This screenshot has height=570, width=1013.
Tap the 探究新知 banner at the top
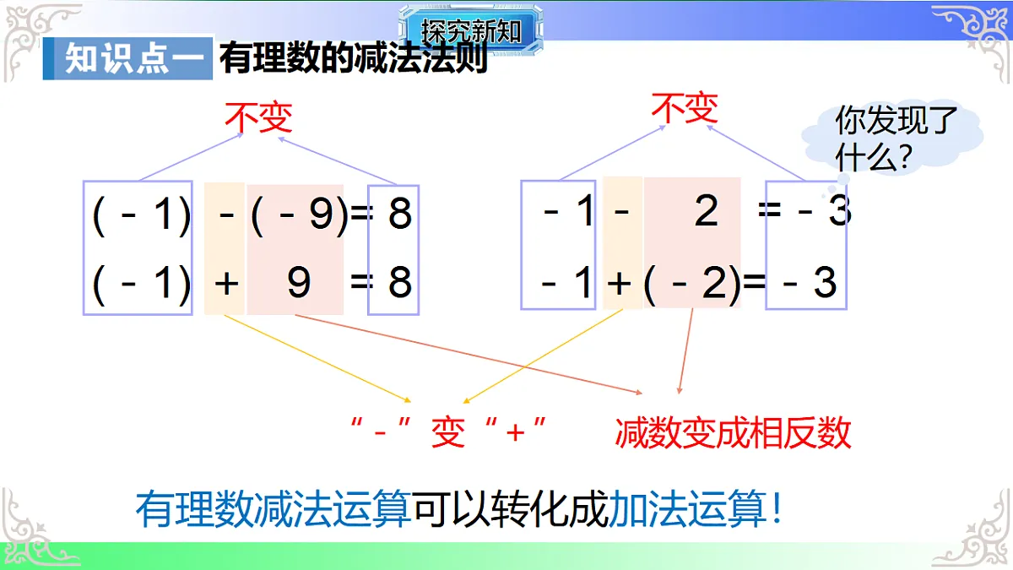(471, 31)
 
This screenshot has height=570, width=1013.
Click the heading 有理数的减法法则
(354, 59)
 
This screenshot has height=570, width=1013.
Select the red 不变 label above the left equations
(258, 117)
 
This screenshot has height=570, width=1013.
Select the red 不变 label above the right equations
(685, 108)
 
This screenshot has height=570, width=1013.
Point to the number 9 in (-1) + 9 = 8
(299, 283)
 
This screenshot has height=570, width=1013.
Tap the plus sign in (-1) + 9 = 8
(225, 283)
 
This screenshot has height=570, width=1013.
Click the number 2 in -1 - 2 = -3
(707, 211)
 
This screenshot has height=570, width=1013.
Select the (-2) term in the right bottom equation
(692, 283)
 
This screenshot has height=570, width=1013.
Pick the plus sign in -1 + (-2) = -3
(620, 283)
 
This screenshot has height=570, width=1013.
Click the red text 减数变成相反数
(733, 433)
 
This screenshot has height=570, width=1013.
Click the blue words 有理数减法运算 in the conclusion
(274, 509)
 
